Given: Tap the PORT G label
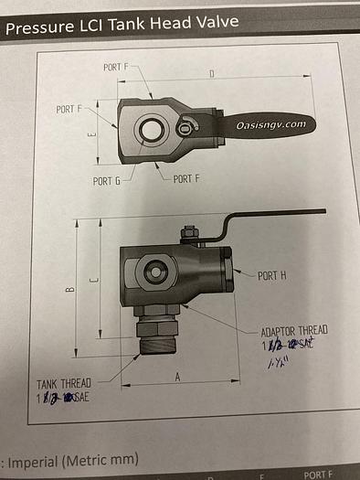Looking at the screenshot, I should pos(107,181).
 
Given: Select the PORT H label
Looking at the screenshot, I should pos(273,275).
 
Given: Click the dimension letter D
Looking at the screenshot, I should pos(211,73).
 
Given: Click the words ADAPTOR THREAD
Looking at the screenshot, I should pos(293,330).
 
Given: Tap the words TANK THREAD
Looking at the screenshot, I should pos(63,385).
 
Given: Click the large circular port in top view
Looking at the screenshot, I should pos(148,130).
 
